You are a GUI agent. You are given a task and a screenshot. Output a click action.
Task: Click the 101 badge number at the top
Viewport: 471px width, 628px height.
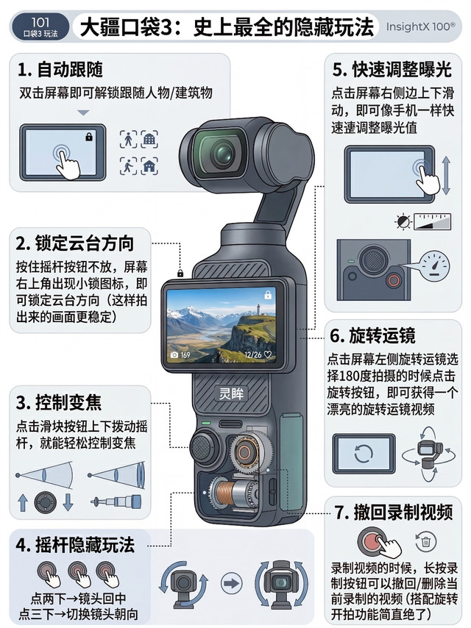click(x=40, y=22)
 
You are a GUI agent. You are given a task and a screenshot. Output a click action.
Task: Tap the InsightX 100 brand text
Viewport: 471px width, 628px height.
click(x=420, y=26)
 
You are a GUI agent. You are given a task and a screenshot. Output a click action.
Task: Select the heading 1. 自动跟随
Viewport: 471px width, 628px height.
click(x=60, y=69)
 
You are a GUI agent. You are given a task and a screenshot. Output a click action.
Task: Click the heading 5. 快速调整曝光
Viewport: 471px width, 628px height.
click(x=392, y=69)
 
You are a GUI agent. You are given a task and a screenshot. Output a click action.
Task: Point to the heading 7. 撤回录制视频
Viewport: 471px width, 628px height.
click(x=394, y=513)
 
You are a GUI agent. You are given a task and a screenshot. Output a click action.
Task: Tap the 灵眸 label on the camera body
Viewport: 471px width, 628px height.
click(x=231, y=393)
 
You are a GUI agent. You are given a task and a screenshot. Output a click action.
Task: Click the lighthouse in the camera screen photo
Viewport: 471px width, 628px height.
click(x=258, y=310)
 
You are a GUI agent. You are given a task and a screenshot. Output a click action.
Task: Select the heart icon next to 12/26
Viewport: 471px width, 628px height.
click(x=268, y=355)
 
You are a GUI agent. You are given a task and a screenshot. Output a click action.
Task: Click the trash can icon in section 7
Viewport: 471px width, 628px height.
click(x=425, y=541)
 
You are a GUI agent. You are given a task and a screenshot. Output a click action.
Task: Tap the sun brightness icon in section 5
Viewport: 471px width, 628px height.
click(x=403, y=221)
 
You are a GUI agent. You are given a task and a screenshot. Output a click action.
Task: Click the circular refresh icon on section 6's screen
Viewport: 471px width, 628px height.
click(x=364, y=454)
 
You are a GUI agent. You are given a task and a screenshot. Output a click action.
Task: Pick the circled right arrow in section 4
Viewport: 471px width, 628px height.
click(x=231, y=583)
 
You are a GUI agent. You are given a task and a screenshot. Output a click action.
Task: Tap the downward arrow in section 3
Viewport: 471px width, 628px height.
click(x=68, y=502)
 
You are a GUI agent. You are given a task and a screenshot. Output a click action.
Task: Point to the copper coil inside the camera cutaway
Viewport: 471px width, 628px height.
click(x=227, y=493)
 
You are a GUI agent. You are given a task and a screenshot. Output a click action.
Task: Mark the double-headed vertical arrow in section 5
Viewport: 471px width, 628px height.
click(x=446, y=176)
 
